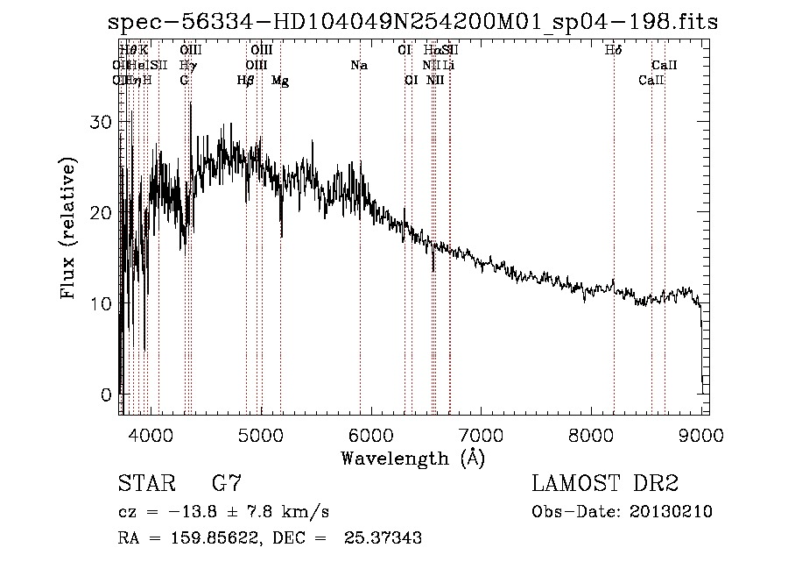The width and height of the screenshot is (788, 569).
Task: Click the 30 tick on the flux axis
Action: pyautogui.click(x=102, y=122)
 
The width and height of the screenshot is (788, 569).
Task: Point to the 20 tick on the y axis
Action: pyautogui.click(x=102, y=213)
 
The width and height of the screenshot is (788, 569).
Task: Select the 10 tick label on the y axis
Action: pyautogui.click(x=102, y=303)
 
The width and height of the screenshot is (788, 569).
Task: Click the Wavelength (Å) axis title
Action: pyautogui.click(x=412, y=458)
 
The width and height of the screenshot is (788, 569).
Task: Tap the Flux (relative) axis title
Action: pyautogui.click(x=70, y=228)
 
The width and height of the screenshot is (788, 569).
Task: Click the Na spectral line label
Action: pyautogui.click(x=359, y=66)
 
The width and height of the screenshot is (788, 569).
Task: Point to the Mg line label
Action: pyautogui.click(x=280, y=81)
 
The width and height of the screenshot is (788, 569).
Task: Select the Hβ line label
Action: pyautogui.click(x=246, y=81)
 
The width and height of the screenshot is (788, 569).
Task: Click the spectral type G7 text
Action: pyautogui.click(x=227, y=483)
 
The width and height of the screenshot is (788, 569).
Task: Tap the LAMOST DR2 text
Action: pyautogui.click(x=605, y=483)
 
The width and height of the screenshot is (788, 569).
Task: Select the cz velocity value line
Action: pyautogui.click(x=223, y=511)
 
